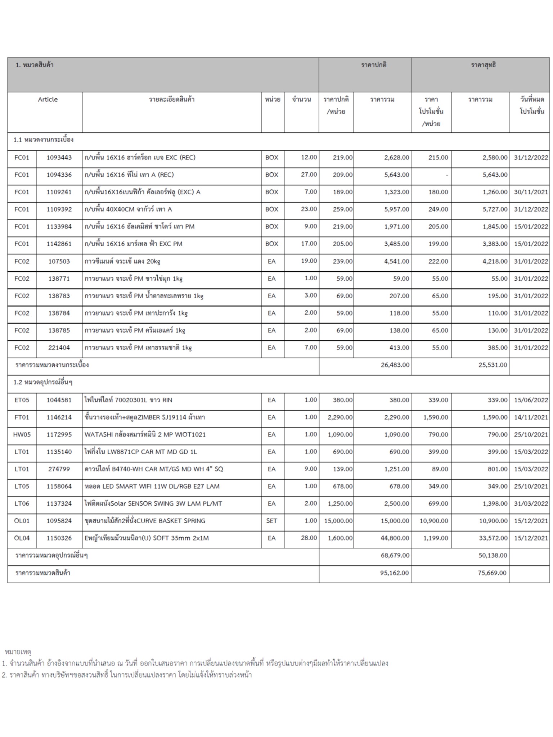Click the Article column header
point(48,99)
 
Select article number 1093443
point(59,157)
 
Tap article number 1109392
point(59,209)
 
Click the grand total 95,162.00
point(395,573)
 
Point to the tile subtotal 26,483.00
point(395,365)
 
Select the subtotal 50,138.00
point(493,555)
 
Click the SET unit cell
point(271,521)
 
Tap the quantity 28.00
point(309,538)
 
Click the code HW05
point(22,434)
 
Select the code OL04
point(22,538)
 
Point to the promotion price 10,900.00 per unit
point(434,521)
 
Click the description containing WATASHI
point(145,434)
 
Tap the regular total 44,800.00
point(395,538)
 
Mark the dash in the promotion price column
point(446,175)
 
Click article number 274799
point(59,469)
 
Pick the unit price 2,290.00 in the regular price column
point(340,417)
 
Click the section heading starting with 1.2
point(43,382)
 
